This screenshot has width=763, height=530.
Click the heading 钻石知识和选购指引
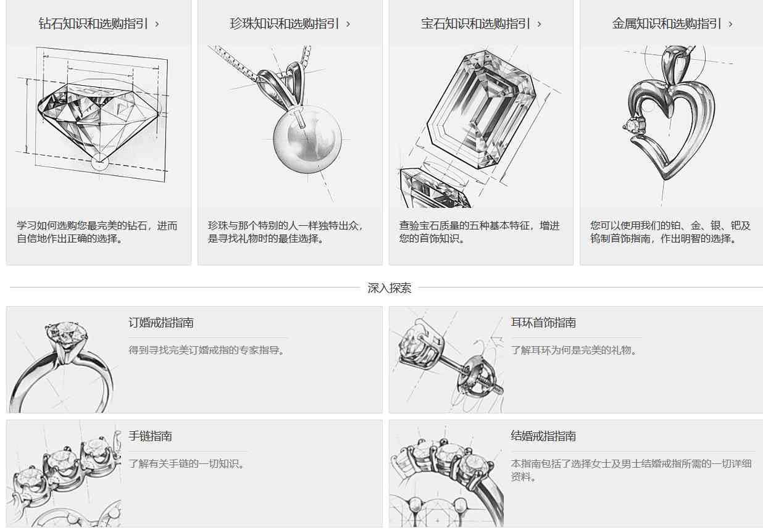93,24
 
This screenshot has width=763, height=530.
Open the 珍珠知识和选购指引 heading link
285,24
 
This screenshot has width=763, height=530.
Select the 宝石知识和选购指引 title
475,24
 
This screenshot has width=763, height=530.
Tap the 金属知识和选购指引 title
667,24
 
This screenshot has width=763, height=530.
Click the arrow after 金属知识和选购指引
730,24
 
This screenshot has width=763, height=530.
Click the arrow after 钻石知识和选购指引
157,24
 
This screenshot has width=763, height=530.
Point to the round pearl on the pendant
307,139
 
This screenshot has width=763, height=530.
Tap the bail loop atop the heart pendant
675,65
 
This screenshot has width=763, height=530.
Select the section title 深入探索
390,288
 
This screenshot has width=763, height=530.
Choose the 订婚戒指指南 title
161,322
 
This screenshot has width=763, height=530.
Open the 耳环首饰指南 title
543,322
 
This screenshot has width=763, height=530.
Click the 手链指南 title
150,436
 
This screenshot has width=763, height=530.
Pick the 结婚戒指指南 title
543,436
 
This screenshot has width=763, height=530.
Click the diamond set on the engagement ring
66,334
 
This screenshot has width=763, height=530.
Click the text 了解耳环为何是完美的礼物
573,350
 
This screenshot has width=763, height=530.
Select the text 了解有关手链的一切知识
186,463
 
